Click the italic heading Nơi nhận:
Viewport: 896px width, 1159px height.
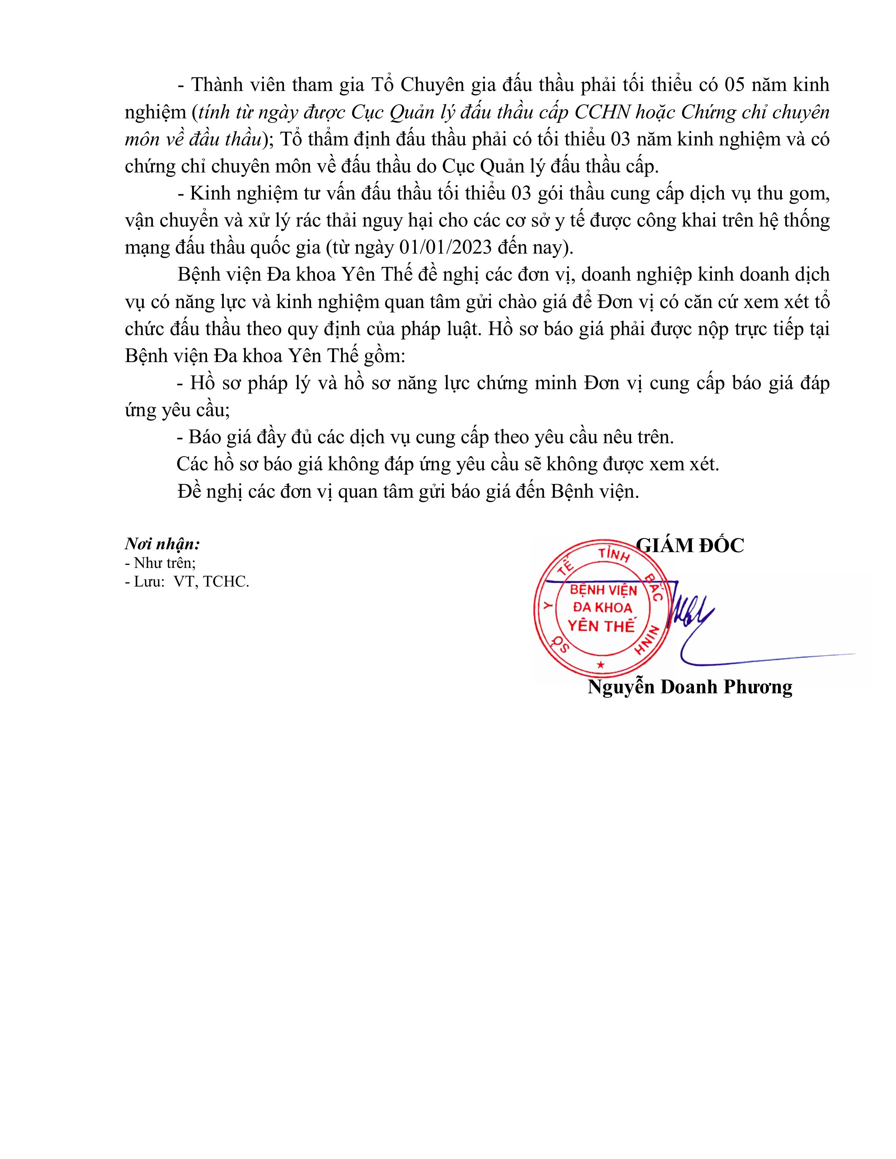point(162,544)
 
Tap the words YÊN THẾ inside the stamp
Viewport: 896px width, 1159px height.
point(601,626)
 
